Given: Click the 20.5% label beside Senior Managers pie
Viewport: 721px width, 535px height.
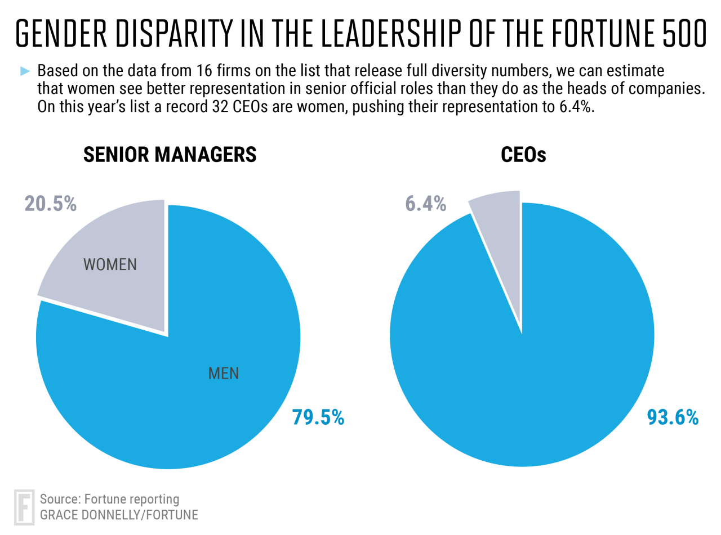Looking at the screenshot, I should click(x=50, y=204).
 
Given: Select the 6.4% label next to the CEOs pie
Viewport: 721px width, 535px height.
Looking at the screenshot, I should click(x=426, y=204).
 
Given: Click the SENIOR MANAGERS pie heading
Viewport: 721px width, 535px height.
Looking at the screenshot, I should click(x=170, y=155).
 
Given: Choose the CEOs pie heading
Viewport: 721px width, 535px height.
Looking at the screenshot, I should click(x=523, y=155).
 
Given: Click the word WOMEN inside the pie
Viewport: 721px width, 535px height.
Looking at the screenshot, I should click(x=110, y=264).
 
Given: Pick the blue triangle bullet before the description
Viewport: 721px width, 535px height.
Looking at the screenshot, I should click(x=24, y=71).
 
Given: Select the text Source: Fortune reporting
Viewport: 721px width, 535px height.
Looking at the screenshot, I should click(x=109, y=498).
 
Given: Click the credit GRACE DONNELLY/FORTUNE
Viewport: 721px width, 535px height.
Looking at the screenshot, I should click(x=118, y=514).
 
